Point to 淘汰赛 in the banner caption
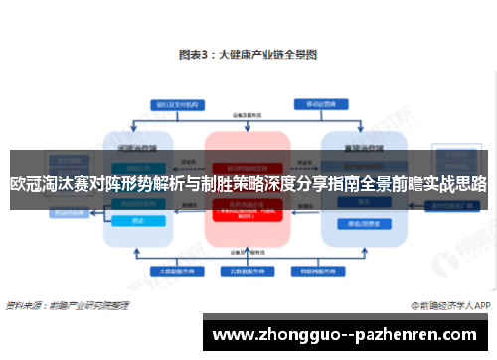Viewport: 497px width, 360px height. pos(62,184)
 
